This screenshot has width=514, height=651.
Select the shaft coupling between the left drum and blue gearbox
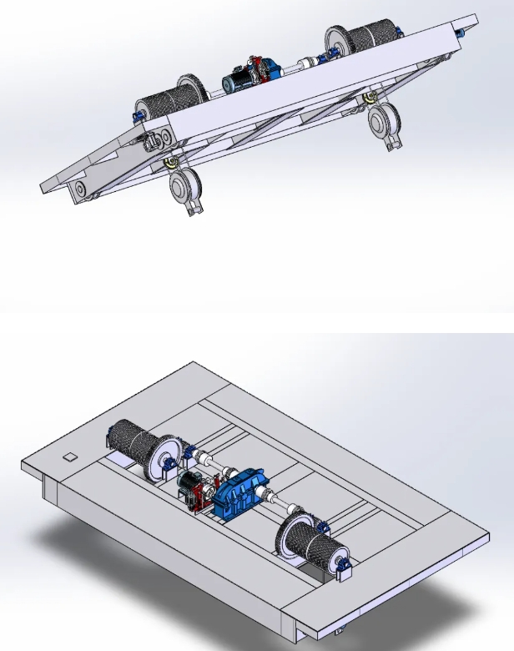point(200,458)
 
